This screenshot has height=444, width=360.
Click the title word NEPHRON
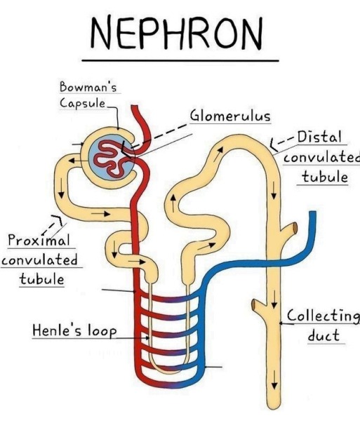[x=178, y=32]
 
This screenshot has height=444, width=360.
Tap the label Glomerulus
[x=230, y=116]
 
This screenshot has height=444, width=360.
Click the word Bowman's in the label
[x=88, y=88]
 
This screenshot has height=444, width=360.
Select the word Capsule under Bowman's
[x=81, y=103]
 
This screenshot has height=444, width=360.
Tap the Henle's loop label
[x=74, y=330]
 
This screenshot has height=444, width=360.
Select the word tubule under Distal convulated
[x=324, y=176]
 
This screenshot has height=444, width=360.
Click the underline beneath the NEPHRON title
[x=180, y=61]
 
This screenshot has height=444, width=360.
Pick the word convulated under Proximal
[x=39, y=260]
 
